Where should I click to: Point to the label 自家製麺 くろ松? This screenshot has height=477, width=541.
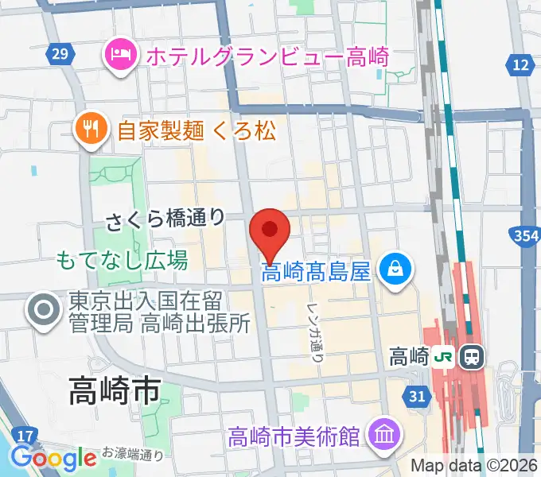click(196, 130)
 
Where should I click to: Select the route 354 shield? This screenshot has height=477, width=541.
click(523, 235)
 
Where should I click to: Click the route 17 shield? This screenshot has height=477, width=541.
click(26, 435)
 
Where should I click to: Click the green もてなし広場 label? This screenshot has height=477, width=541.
click(122, 259)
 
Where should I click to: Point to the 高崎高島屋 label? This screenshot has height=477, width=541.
click(317, 273)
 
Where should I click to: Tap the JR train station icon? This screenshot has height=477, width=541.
click(472, 355)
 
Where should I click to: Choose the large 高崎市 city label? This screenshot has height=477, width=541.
click(115, 390)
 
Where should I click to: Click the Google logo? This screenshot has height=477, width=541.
click(53, 457)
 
